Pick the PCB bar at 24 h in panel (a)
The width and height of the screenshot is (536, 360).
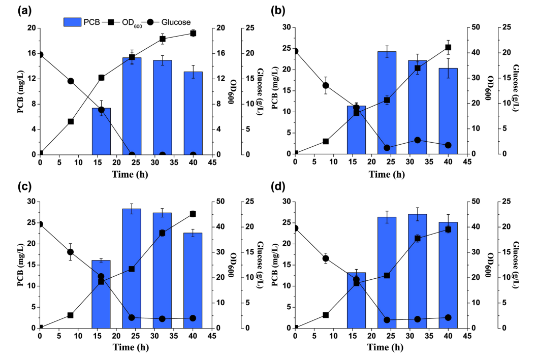(x=132, y=106)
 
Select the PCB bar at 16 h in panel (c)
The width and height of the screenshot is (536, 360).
(x=101, y=294)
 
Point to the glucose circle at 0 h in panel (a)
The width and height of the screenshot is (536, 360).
(x=40, y=55)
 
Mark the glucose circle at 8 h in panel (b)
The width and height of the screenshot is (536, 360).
(x=326, y=86)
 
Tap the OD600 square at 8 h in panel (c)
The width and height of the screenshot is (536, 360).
(x=71, y=315)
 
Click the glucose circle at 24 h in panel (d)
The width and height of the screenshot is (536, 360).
(x=387, y=320)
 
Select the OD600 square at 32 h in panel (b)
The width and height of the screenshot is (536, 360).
(x=418, y=68)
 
